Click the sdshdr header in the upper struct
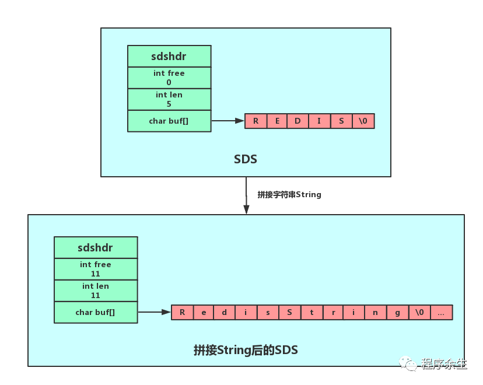(x=169, y=57)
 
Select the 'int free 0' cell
(x=169, y=78)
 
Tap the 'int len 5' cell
(x=169, y=99)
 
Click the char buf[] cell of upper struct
(x=169, y=121)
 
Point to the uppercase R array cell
(x=256, y=121)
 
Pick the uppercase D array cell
(x=298, y=121)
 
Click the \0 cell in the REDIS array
(x=363, y=121)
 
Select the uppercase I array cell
(x=320, y=121)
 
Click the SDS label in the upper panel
(x=246, y=159)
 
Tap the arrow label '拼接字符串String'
(x=289, y=194)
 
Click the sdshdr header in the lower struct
(x=96, y=247)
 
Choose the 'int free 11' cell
(x=96, y=269)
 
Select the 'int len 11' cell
(x=96, y=290)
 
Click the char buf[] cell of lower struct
(x=96, y=312)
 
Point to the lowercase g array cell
(x=397, y=312)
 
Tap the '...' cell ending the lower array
(x=441, y=312)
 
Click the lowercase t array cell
(x=311, y=312)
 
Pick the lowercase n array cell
(x=376, y=312)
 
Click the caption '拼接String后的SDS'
(x=246, y=350)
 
